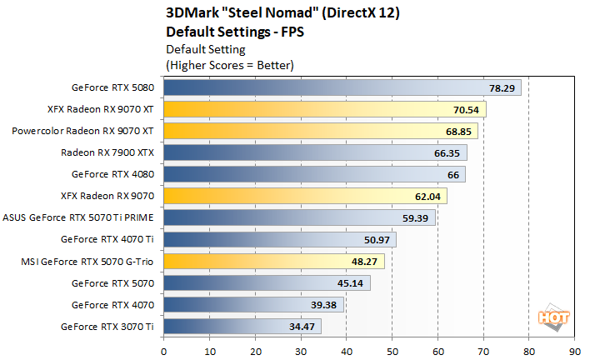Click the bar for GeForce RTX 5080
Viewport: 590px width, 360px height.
pos(342,87)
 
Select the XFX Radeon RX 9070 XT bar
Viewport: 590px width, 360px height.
pos(325,109)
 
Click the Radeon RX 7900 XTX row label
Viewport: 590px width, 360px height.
pos(107,152)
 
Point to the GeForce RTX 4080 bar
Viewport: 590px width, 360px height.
pos(314,174)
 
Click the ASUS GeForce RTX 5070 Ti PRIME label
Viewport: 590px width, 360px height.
pos(79,217)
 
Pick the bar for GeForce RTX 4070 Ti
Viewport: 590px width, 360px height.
pos(279,239)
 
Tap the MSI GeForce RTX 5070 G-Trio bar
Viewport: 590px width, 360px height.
pos(273,261)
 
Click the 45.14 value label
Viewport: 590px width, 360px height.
pos(351,282)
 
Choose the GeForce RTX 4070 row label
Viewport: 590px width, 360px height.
pos(114,304)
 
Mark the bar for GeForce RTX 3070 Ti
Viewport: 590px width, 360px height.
pos(242,326)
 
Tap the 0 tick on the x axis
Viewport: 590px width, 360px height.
pos(164,351)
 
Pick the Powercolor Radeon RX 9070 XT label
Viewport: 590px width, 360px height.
pos(83,131)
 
